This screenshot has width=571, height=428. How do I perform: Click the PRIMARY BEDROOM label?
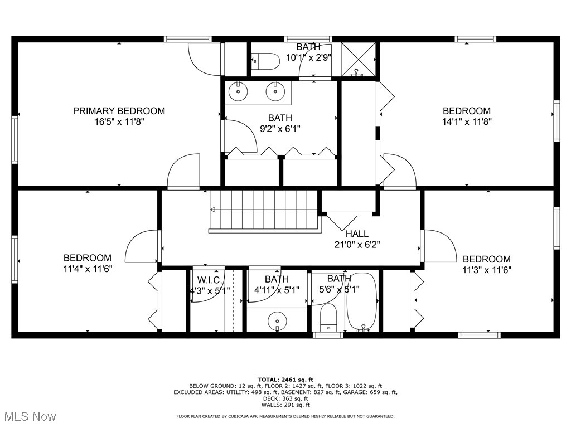click(x=119, y=111)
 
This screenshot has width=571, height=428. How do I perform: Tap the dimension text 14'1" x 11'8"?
click(x=467, y=121)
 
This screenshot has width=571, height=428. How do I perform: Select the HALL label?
click(x=357, y=234)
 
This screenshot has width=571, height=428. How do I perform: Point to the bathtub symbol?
click(x=362, y=301)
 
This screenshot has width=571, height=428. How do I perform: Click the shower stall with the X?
click(x=357, y=59)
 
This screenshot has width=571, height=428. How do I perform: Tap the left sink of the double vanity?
click(x=239, y=91)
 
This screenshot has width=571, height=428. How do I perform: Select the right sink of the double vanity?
click(x=276, y=91)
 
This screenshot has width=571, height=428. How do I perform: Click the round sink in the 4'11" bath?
click(x=277, y=320)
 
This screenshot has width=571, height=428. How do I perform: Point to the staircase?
click(x=265, y=210)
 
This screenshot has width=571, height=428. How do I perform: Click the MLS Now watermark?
click(x=28, y=416)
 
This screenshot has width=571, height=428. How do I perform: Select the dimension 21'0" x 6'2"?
click(x=357, y=244)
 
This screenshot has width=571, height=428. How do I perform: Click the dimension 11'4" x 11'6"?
click(x=87, y=268)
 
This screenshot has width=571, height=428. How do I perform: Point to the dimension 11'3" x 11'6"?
click(x=487, y=269)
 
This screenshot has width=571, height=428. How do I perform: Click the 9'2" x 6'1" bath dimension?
click(x=280, y=128)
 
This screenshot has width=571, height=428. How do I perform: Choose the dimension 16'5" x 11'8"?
click(x=119, y=121)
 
